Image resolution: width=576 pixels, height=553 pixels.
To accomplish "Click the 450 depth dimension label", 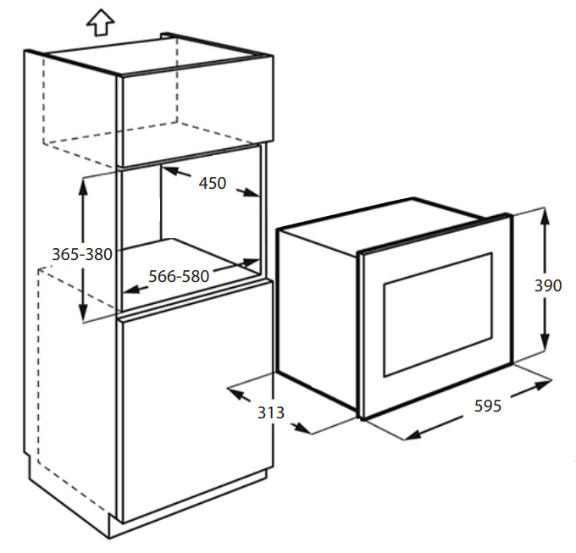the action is (213, 183).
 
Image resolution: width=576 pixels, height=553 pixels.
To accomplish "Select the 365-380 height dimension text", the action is (82, 254).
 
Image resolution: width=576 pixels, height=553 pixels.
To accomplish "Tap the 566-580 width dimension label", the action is (179, 276).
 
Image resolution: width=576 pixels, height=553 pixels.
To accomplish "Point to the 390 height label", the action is (548, 285).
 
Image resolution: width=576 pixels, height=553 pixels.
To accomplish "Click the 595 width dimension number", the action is (487, 406).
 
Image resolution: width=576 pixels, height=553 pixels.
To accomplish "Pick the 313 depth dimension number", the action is (271, 412).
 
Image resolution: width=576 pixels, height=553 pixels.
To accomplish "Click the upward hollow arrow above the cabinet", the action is (100, 22).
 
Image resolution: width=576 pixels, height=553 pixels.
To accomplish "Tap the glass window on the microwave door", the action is (438, 314).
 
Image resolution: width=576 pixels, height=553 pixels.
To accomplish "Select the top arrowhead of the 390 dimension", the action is (546, 217).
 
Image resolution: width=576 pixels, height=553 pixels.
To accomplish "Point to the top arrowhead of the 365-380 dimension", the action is (83, 188).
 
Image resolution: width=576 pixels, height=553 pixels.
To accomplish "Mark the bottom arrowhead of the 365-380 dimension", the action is (83, 312).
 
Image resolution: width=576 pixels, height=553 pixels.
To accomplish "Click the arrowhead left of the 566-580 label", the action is (131, 290).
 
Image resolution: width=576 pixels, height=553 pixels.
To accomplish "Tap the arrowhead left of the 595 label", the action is (413, 434).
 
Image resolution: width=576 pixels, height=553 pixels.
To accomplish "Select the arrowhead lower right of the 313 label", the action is (302, 428).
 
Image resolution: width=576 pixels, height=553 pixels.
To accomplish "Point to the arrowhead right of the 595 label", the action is (543, 384).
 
